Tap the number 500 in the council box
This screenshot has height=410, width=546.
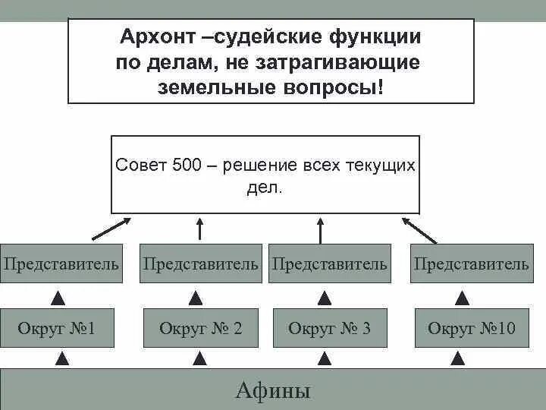(187, 166)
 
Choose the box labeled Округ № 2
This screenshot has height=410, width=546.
(201, 328)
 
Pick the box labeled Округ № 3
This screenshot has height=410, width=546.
(330, 328)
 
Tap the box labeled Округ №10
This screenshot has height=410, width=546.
(471, 328)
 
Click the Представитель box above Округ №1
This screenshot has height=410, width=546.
(61, 263)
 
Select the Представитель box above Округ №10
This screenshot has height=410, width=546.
(471, 263)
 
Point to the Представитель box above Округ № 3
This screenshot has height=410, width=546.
(330, 263)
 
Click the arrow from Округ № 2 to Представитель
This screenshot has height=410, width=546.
(196, 297)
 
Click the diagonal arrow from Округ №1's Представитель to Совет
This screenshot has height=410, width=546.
(110, 227)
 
